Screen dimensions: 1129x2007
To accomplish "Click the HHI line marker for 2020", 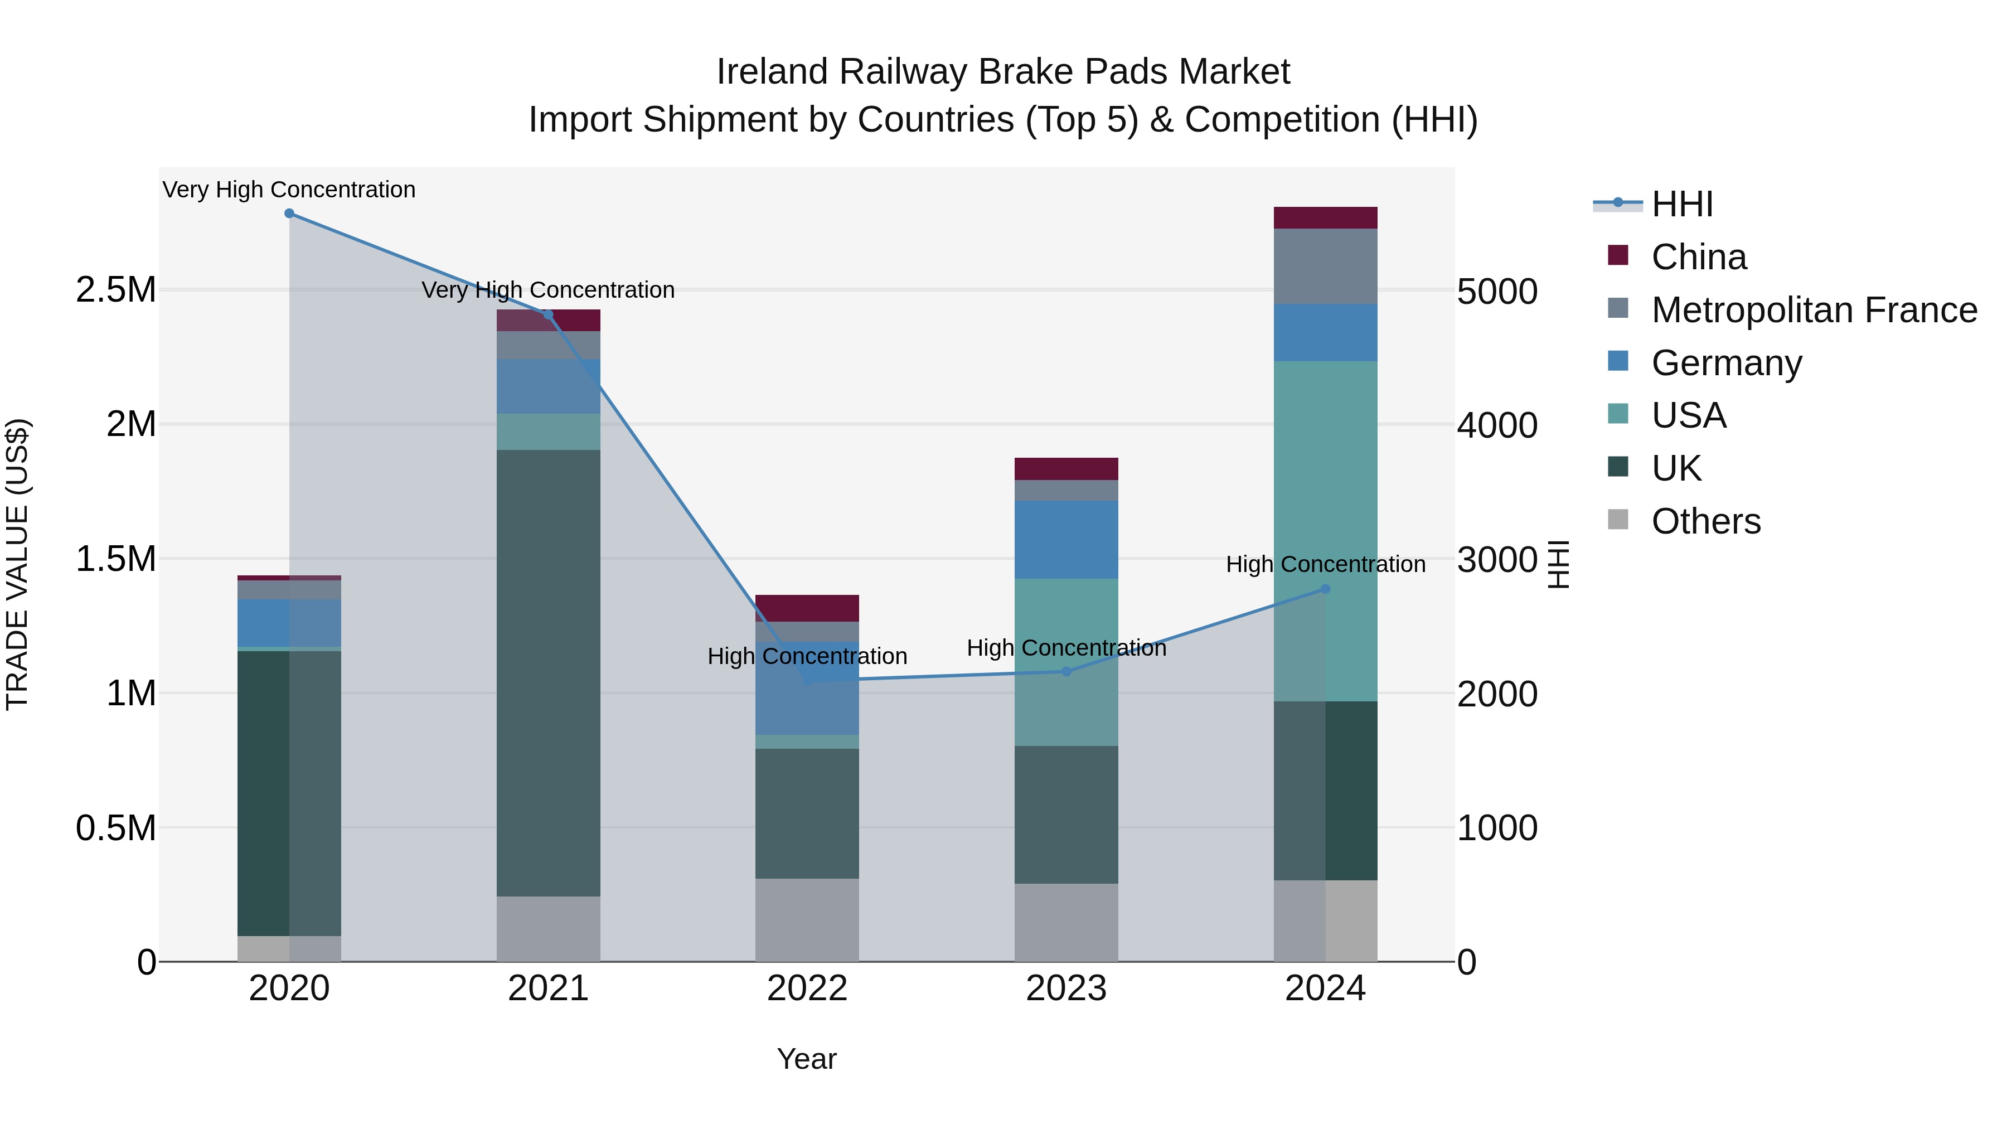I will click(289, 214).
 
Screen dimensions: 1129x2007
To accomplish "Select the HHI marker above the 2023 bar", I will click(1066, 672).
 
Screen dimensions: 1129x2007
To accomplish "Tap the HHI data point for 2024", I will click(1325, 589).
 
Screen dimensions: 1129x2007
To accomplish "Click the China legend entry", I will click(1699, 257).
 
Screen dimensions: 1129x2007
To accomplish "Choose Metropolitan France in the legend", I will click(1814, 310).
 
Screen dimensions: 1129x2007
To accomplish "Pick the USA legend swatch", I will click(1618, 414).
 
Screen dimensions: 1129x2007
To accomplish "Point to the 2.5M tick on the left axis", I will click(116, 290).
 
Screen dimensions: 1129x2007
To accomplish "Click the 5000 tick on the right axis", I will click(1497, 292).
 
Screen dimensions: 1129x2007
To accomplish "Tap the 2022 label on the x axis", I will click(807, 989).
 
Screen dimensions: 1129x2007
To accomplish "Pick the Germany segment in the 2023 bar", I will click(1066, 539).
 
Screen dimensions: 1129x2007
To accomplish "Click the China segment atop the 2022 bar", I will click(807, 608).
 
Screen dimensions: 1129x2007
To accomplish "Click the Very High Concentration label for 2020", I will click(289, 190).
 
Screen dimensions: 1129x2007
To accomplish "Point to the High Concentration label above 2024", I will click(1325, 564).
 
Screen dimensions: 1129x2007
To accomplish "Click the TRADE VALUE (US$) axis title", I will click(17, 564).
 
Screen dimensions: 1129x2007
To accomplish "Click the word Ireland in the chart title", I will click(772, 72).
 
